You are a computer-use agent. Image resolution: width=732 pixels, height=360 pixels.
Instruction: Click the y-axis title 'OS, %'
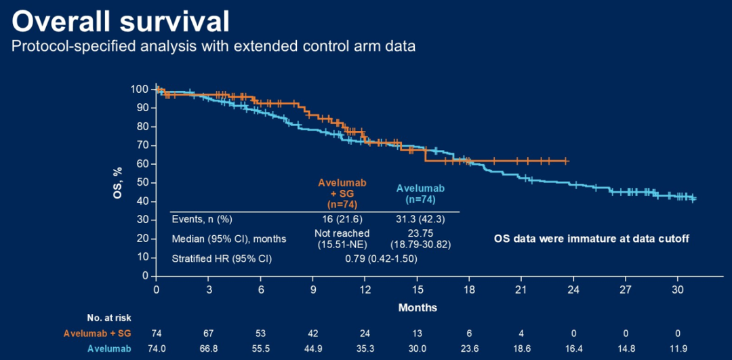click(x=119, y=181)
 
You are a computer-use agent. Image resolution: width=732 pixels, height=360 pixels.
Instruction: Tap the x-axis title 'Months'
click(x=418, y=307)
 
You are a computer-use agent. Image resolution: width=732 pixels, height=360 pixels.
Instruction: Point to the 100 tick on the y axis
click(x=140, y=89)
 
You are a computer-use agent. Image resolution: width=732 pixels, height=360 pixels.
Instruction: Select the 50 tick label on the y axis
click(x=142, y=182)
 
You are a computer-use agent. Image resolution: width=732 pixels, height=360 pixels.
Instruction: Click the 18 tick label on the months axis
click(x=469, y=288)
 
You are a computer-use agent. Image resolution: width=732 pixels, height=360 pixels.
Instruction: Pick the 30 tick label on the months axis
click(x=678, y=288)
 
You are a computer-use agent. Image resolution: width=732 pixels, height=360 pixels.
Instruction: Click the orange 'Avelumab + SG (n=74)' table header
click(x=337, y=193)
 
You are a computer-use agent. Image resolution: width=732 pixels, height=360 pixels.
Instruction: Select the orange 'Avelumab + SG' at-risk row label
click(x=98, y=333)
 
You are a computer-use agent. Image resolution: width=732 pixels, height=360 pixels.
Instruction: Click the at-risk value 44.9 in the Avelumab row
click(x=313, y=348)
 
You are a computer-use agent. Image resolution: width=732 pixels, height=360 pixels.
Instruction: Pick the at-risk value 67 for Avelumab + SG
click(x=209, y=333)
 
